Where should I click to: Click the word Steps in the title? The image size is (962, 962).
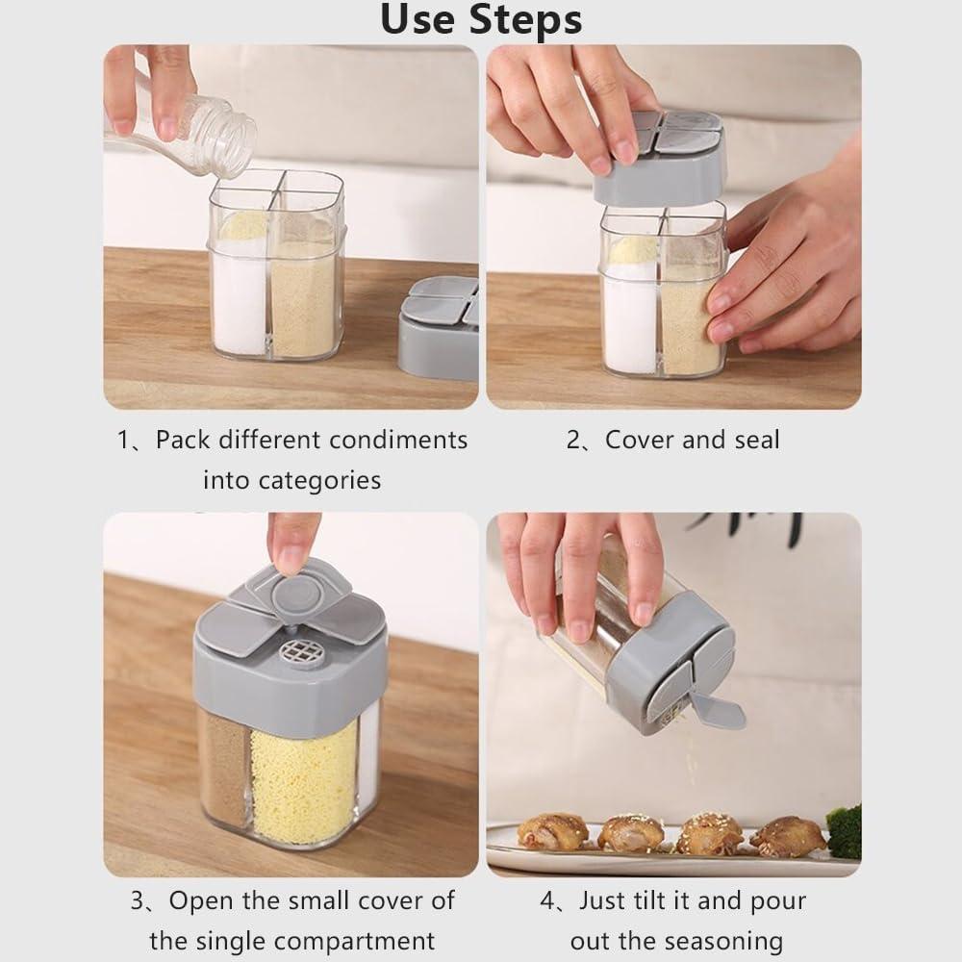525,20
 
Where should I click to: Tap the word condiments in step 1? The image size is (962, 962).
397,440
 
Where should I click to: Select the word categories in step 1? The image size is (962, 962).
292,480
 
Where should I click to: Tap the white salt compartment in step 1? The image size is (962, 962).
239,295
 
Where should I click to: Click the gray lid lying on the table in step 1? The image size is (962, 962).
440,327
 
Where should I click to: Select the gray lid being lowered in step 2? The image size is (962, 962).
660,160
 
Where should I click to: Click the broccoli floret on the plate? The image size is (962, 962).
845,831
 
